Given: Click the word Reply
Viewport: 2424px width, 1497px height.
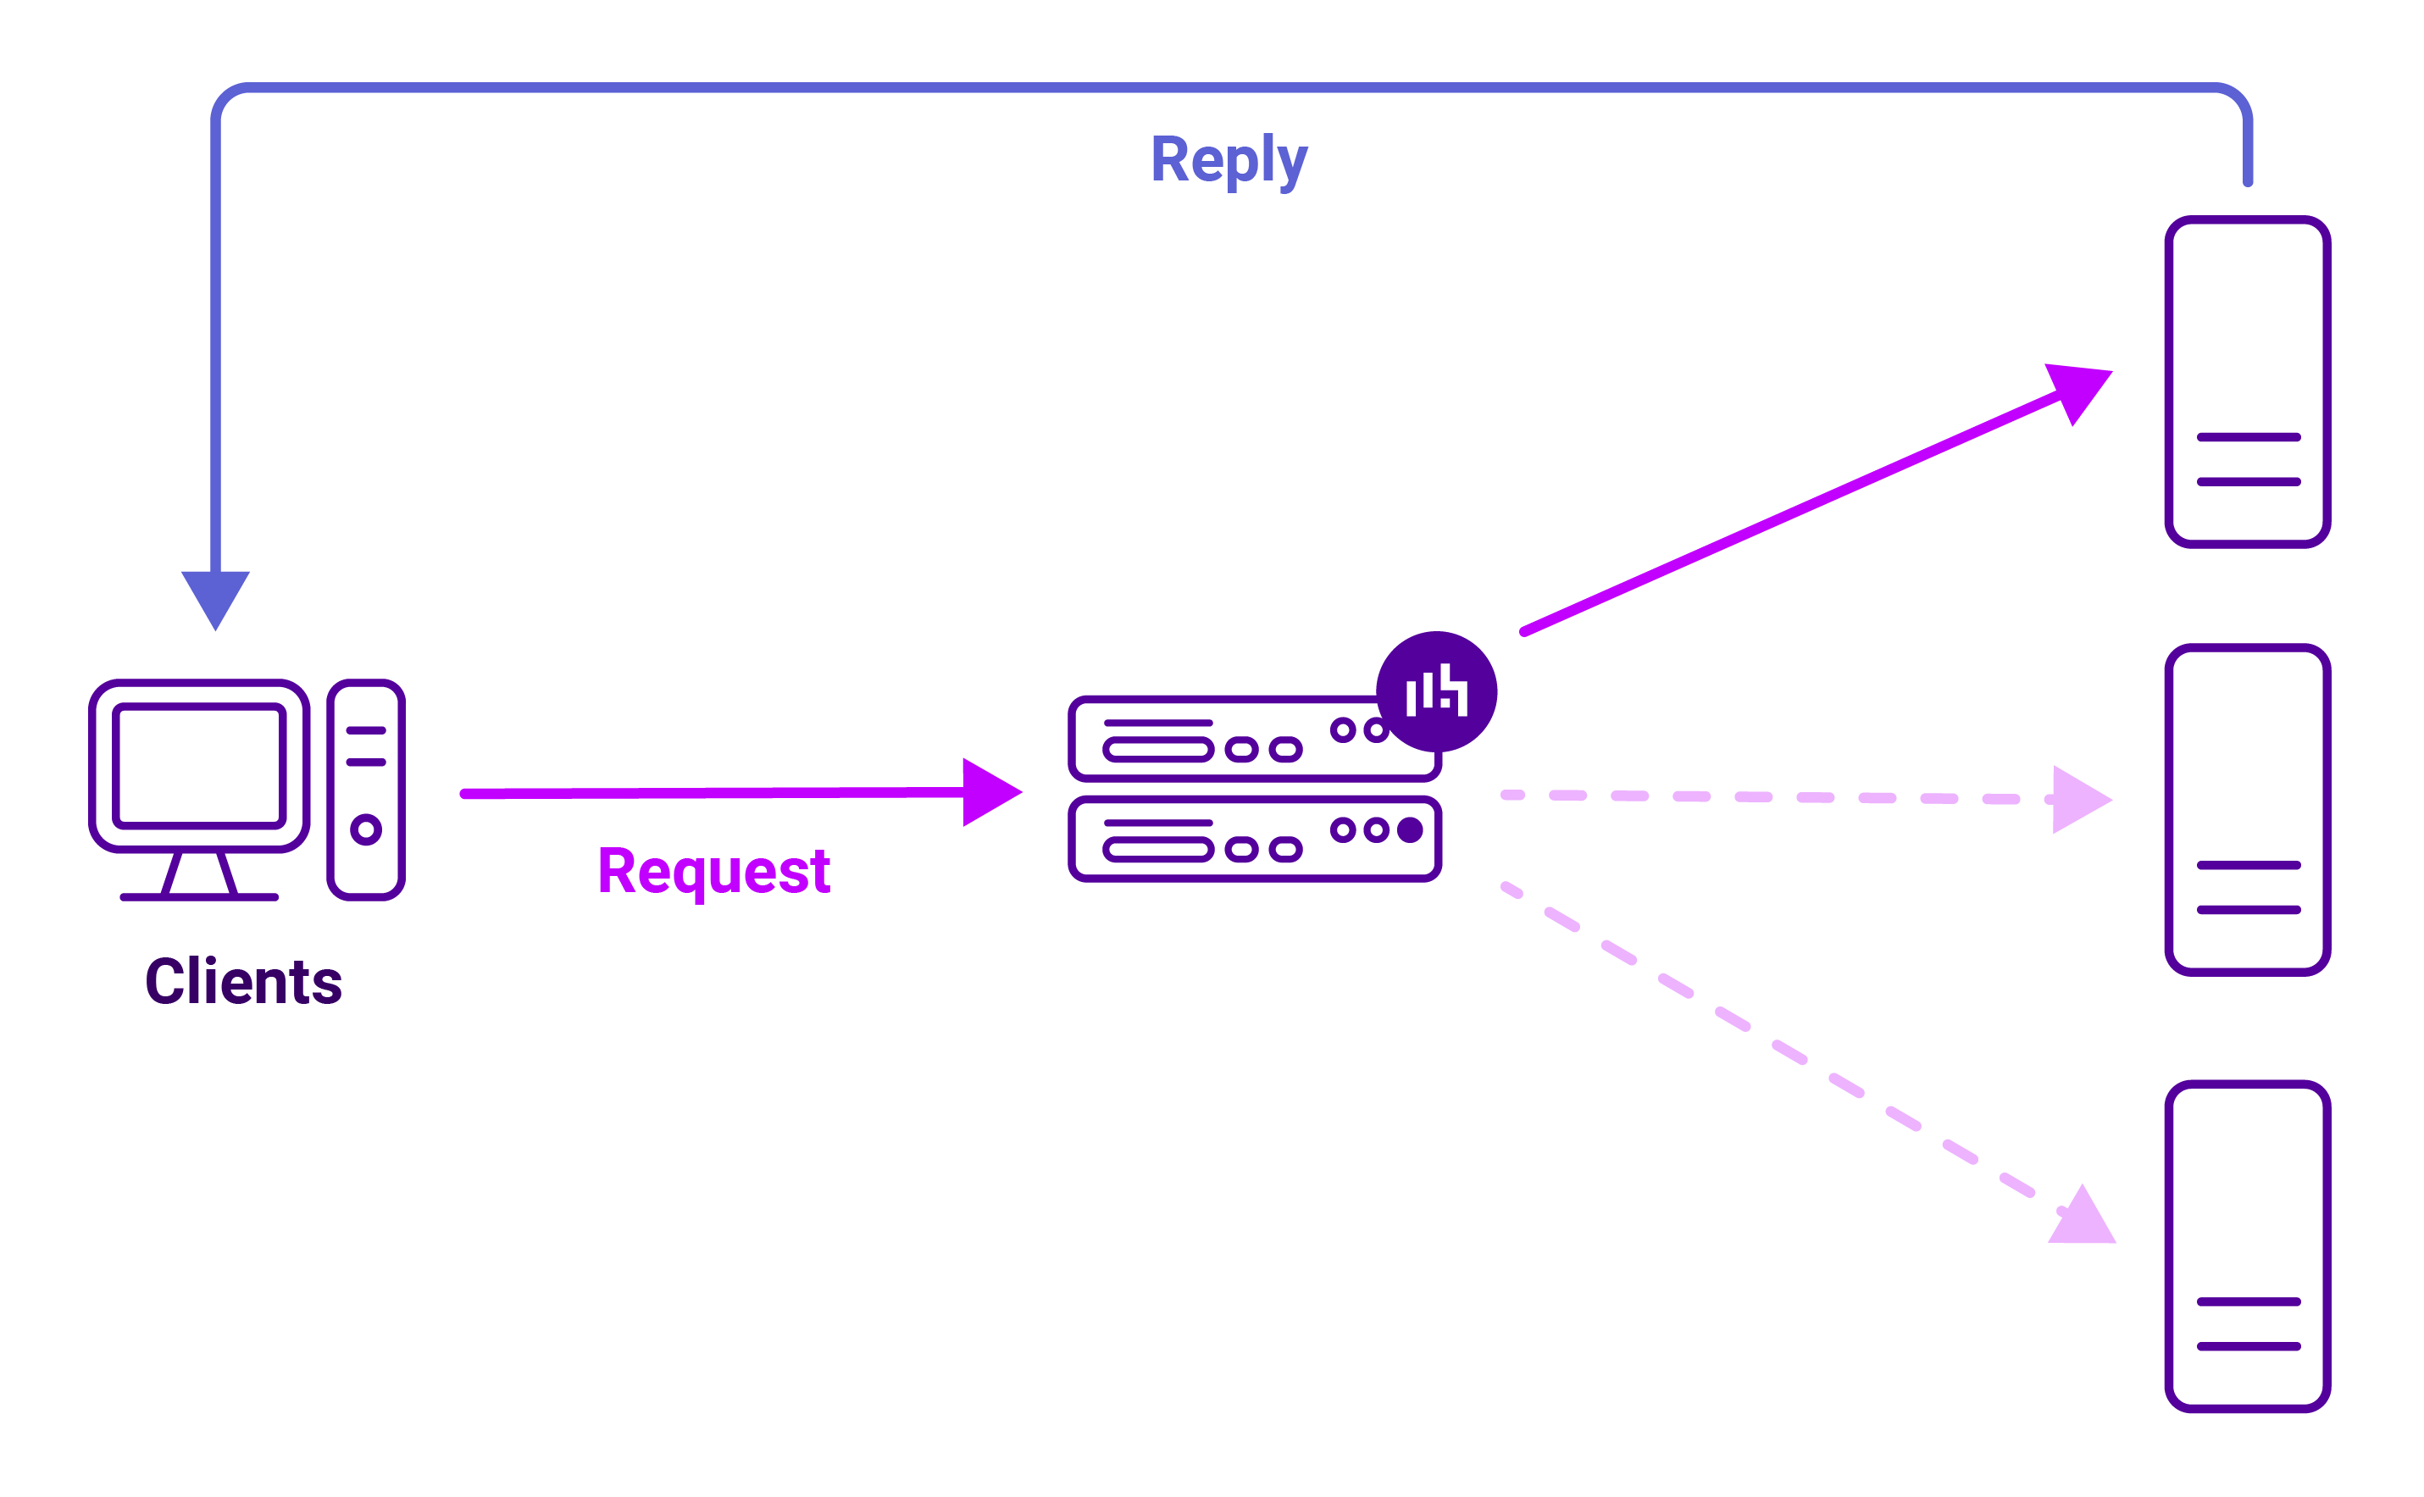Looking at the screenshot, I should click(x=1228, y=160).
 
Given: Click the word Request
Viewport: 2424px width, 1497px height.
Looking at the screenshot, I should click(x=714, y=871).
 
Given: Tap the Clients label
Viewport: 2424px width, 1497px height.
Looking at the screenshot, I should click(x=244, y=982).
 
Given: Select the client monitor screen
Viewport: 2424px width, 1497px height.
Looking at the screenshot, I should click(x=199, y=764).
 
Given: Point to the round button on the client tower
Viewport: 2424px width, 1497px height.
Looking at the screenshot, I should click(x=365, y=829).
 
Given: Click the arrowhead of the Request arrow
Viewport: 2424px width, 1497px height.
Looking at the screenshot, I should click(x=990, y=792).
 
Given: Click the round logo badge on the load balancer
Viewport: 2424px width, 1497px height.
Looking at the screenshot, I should click(x=1436, y=691).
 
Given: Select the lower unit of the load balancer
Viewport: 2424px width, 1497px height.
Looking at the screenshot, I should click(x=1254, y=838).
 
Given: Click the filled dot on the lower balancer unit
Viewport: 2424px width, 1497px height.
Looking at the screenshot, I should click(x=1410, y=829).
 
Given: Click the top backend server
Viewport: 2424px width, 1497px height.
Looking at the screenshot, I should click(x=2248, y=381).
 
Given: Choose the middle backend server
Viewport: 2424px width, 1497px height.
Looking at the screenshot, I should click(x=2248, y=810).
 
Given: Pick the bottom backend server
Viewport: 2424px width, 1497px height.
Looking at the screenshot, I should click(x=2248, y=1245).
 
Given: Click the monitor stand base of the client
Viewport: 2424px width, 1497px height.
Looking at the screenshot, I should click(x=199, y=896).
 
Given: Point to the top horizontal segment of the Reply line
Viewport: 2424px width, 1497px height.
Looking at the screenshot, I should click(x=1228, y=88).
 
